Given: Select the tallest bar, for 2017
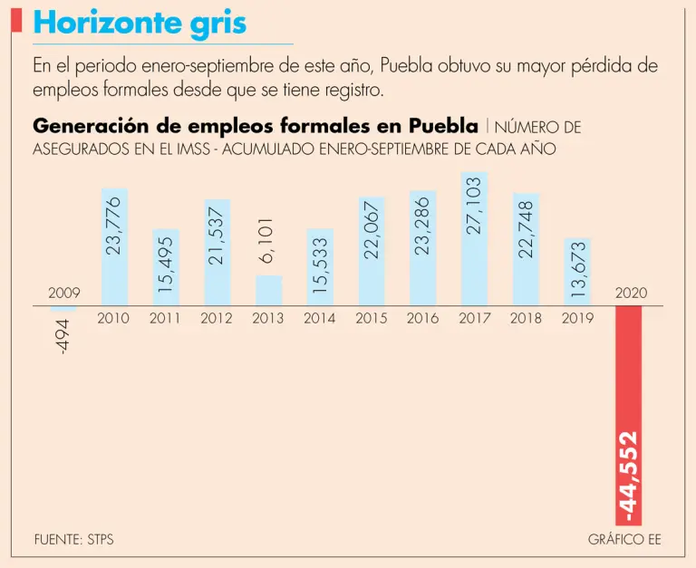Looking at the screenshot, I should (474, 238).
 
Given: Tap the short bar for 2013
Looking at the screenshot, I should (268, 290).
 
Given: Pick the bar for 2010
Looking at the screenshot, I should (113, 246).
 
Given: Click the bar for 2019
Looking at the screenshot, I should (577, 272).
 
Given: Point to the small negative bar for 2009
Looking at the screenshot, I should (63, 309).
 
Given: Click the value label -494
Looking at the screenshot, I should (63, 336).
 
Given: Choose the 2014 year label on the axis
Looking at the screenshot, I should (319, 318).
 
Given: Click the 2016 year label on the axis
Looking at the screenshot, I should (422, 318).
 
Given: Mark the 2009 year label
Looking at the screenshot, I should (63, 293).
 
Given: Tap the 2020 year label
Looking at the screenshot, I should (631, 293).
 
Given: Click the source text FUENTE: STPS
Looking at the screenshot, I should (73, 539).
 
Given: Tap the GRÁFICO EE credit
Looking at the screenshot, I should (624, 539).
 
